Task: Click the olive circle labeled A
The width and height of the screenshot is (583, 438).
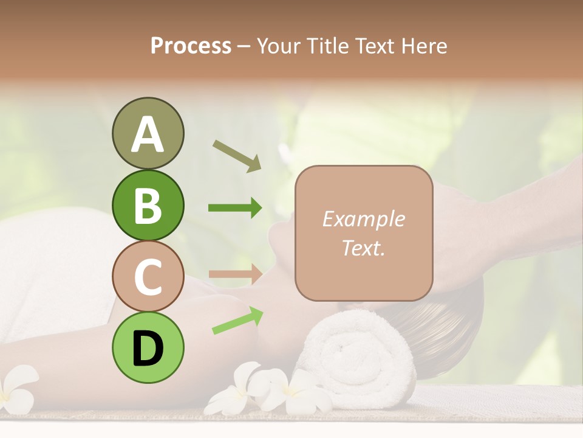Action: tap(148, 133)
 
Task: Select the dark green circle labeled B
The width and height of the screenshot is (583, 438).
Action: tap(148, 205)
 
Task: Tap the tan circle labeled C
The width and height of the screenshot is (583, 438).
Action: tap(148, 276)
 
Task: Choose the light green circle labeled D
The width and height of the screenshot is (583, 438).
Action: tap(148, 347)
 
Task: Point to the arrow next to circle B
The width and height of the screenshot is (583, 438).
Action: tap(235, 208)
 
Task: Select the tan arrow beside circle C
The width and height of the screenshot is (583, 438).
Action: tap(235, 274)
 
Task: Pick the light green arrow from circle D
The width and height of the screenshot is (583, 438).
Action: tap(237, 321)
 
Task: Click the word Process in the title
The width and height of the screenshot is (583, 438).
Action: tap(191, 46)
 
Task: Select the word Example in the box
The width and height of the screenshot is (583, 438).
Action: tap(363, 219)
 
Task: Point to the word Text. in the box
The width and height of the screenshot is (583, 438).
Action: tap(363, 248)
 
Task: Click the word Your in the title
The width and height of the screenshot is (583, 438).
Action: tap(279, 46)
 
